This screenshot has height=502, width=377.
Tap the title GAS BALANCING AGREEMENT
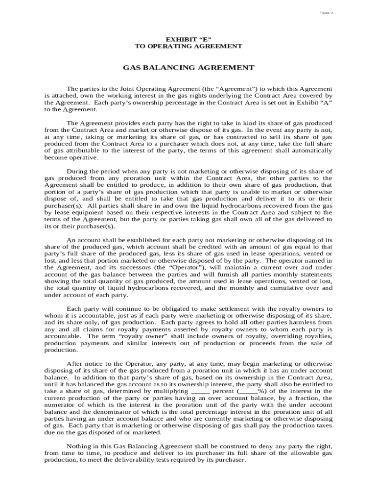pyautogui.click(x=188, y=68)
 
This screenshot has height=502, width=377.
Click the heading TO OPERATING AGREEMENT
pyautogui.click(x=188, y=46)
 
